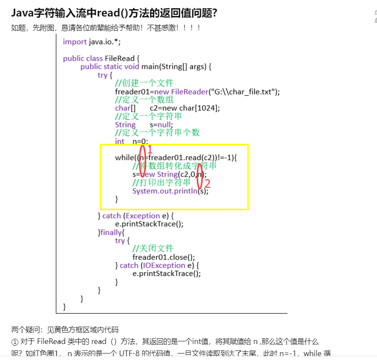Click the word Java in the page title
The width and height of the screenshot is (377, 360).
click(x=23, y=13)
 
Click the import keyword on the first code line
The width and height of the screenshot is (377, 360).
click(x=75, y=42)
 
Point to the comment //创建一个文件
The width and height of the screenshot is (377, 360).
click(x=144, y=83)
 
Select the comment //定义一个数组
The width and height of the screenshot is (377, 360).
click(x=144, y=100)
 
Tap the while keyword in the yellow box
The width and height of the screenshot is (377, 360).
click(x=124, y=157)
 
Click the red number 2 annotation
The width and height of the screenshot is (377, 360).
click(x=207, y=183)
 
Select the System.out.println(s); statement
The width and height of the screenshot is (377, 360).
click(x=170, y=191)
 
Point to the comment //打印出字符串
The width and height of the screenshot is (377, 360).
click(x=161, y=182)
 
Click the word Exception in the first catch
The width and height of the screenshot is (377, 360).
click(x=143, y=216)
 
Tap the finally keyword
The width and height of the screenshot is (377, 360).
click(x=112, y=232)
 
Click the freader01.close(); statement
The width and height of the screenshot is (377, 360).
click(x=161, y=257)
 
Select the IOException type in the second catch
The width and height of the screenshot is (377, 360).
click(x=163, y=265)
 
